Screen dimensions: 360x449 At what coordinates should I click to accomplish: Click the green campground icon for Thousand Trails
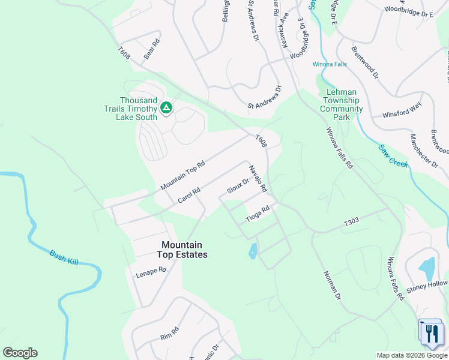[x=166, y=108]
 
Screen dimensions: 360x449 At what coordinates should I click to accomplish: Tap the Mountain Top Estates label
[x=182, y=250]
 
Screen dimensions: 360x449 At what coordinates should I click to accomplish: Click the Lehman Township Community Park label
[x=341, y=105]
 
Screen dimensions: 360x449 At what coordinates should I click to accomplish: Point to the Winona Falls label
[x=330, y=64]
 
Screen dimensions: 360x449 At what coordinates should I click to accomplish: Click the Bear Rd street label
[x=152, y=49]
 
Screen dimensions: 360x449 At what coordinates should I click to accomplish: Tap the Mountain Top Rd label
[x=183, y=175]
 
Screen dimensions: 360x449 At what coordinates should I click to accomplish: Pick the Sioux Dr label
[x=238, y=186]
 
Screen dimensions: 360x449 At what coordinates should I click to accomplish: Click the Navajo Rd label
[x=258, y=178]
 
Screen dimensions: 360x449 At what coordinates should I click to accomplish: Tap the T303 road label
[x=351, y=222]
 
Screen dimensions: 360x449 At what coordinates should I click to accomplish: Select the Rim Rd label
[x=170, y=333]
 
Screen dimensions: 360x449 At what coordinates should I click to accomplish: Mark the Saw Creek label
[x=394, y=155]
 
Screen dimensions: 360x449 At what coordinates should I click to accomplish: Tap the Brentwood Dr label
[x=365, y=63]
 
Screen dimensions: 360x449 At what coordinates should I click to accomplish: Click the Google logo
[x=20, y=353]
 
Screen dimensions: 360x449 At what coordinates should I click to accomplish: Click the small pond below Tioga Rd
[x=253, y=251]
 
